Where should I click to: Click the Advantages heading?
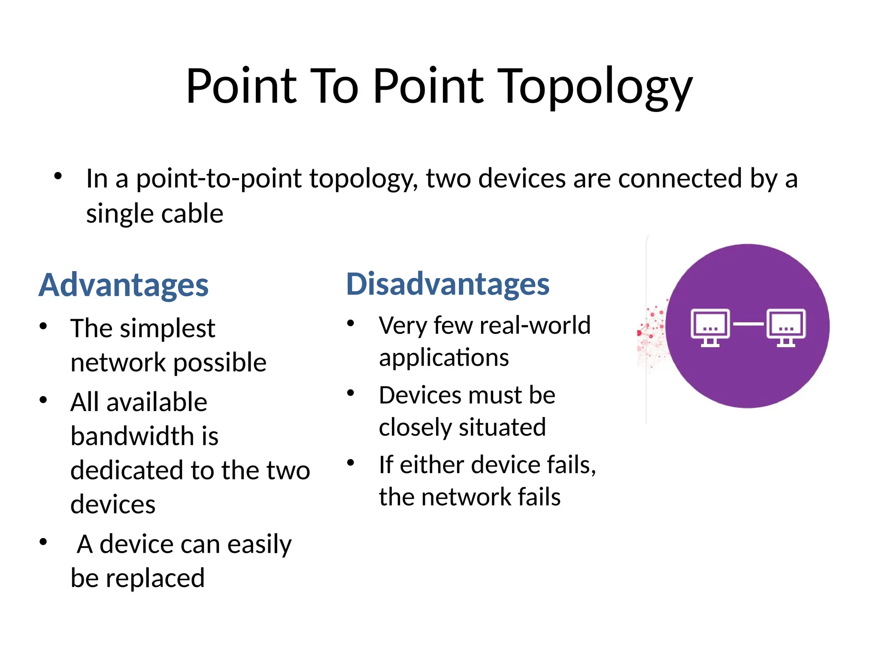coord(124,285)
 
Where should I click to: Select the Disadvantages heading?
coord(447,284)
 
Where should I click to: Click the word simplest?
coord(167,329)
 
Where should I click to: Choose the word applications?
coord(444,358)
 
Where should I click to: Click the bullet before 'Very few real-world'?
coord(351,323)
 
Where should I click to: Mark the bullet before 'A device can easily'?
coord(43,541)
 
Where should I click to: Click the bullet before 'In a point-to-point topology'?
coord(58,176)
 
